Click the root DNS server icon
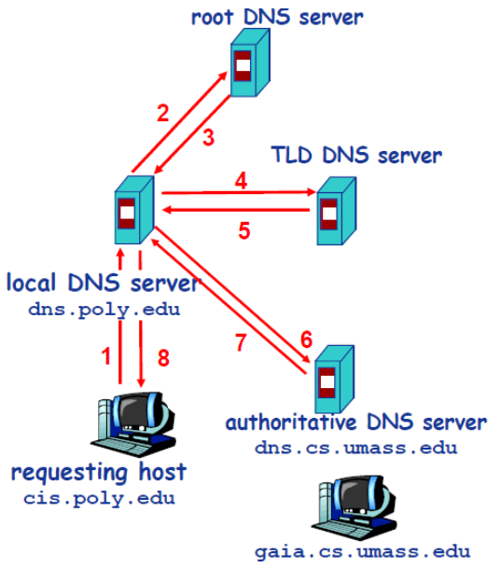tap(244, 66)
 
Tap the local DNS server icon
tap(128, 211)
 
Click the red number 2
tap(162, 114)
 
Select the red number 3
tap(209, 137)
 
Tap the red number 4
tap(242, 180)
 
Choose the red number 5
tap(243, 230)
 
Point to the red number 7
tap(242, 342)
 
